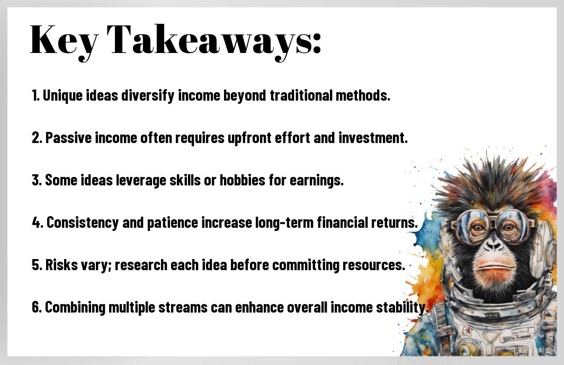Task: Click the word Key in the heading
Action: (x=64, y=40)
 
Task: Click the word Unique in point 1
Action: (x=62, y=96)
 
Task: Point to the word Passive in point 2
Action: (x=68, y=138)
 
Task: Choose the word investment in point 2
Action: (x=373, y=138)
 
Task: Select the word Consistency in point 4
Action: (x=83, y=223)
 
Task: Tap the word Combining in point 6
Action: (x=75, y=308)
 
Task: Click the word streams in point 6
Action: (x=183, y=307)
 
